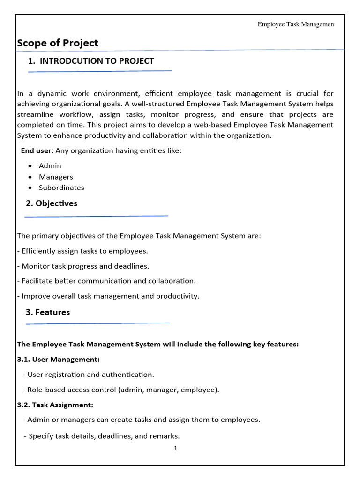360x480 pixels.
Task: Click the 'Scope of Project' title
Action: coord(58,43)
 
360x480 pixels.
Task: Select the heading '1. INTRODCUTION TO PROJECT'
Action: coord(91,61)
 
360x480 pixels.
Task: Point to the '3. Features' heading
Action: coord(48,312)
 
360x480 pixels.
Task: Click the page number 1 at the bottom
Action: coord(176,448)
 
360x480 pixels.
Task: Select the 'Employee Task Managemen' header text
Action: coord(295,24)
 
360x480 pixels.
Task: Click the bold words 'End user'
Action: coord(36,150)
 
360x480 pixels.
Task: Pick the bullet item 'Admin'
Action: coord(50,166)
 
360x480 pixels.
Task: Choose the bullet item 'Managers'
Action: coord(56,177)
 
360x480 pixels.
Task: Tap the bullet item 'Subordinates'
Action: coord(61,187)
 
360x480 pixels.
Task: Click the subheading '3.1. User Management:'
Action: coord(59,360)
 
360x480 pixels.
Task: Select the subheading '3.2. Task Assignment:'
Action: coord(55,405)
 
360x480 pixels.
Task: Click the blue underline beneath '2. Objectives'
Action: coord(96,216)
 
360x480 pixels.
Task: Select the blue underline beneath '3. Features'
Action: coord(97,323)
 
